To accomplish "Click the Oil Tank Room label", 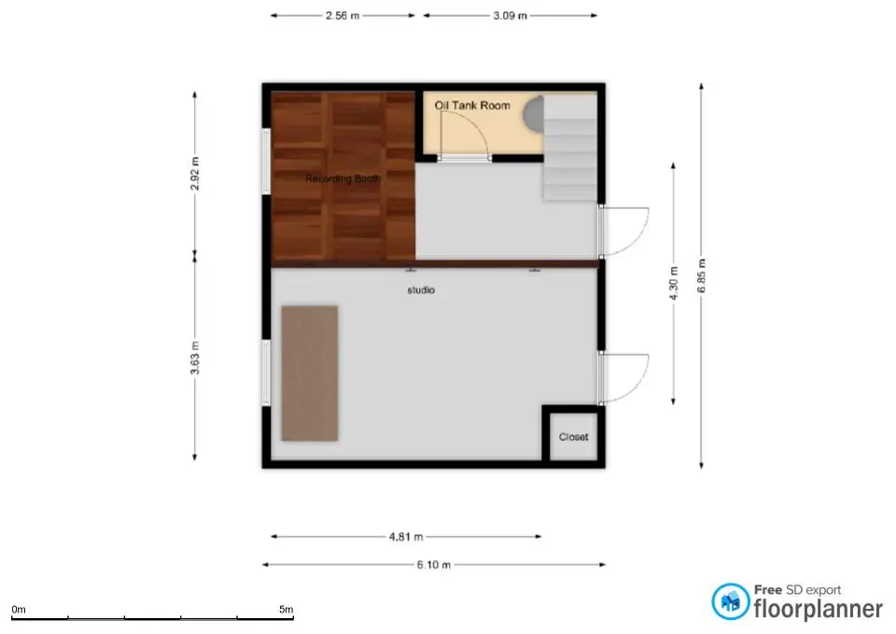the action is point(472,106).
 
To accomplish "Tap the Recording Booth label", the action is point(343,179).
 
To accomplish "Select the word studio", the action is point(421,290).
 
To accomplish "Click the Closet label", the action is point(573,437).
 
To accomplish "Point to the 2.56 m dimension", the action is point(343,16).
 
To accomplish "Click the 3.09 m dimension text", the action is point(510,16).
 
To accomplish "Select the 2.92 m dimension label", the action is point(195,174).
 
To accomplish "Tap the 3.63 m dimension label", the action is point(195,358).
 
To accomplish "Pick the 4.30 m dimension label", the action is point(674,284).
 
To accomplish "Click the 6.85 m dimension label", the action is point(702,276).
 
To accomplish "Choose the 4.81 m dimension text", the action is point(406,537).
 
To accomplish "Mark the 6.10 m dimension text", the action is point(434,565).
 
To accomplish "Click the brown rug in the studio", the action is point(310,373).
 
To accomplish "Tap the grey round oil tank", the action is point(533,114).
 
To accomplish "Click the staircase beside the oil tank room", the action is point(570,148).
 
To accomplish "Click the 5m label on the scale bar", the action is point(287,609).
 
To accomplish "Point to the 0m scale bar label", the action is point(19,610).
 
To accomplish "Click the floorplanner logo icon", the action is point(730,601).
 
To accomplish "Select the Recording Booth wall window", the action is point(266,162).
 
